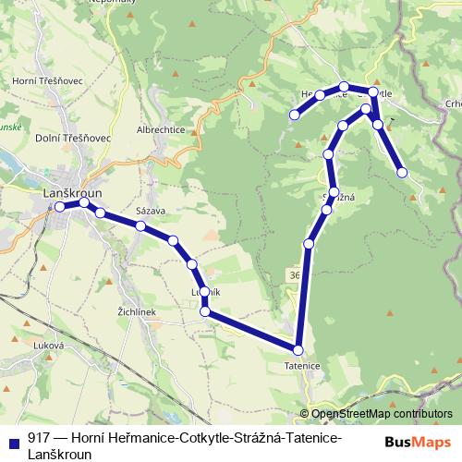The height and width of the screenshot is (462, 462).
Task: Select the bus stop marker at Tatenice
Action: (298, 350)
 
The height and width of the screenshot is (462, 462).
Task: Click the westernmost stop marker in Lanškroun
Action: (60, 207)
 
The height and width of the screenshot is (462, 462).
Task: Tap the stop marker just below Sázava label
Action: (140, 225)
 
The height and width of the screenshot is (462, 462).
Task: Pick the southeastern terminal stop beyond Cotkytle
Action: (402, 172)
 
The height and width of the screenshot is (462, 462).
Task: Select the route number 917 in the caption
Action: (38, 438)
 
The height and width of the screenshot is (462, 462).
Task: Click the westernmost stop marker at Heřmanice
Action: (295, 115)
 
